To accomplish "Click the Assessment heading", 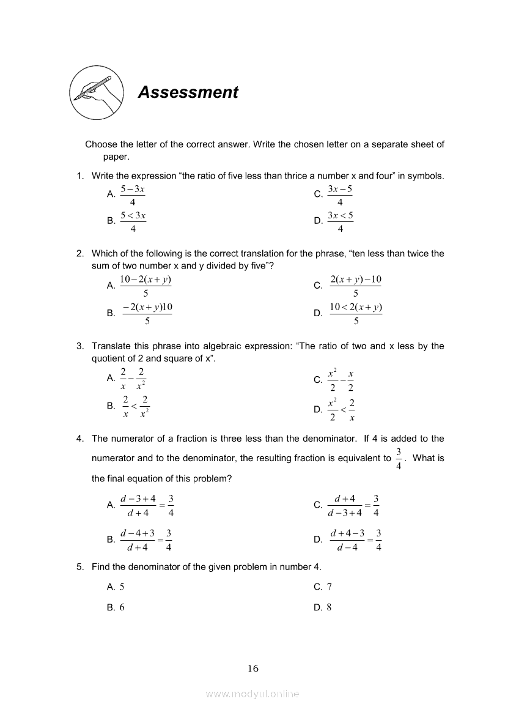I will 188,92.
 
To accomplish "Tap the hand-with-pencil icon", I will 96,92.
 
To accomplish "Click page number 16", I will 253,669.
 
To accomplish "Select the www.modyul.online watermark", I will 253,694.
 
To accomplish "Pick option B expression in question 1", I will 133,221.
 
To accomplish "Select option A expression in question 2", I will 146,286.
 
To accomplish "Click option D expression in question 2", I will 356,313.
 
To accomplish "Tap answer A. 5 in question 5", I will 116,587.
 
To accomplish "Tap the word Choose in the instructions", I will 101,145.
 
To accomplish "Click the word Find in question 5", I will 101,567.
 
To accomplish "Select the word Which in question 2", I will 105,254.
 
